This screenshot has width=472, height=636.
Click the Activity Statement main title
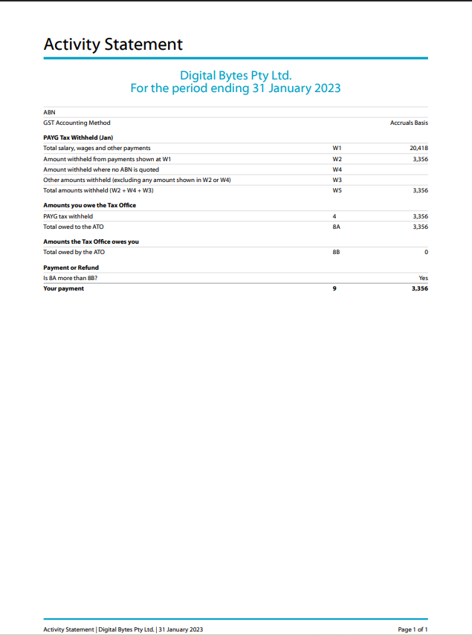113,44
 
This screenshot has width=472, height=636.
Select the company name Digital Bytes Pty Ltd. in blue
236,75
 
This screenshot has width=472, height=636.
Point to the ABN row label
49,112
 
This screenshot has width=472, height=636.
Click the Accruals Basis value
409,123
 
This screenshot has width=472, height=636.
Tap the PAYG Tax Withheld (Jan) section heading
78,137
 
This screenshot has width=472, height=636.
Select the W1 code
337,148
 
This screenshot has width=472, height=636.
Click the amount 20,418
418,148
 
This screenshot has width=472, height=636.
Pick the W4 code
337,169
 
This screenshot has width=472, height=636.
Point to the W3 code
337,180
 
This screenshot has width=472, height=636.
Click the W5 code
337,190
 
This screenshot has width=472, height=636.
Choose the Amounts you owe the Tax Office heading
89,205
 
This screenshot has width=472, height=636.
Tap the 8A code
337,227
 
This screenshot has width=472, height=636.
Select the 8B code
337,252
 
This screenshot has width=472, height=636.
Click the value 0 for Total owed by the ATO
426,252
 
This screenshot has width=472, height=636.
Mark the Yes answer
423,278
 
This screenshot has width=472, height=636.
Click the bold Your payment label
64,288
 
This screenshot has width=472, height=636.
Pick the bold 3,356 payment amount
419,288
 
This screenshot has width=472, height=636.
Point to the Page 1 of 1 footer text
413,629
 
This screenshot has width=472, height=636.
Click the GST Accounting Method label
77,123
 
